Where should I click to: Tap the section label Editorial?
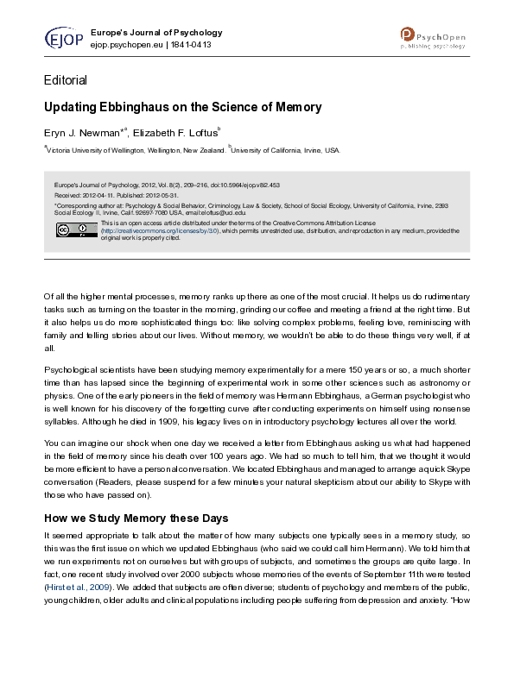(66, 80)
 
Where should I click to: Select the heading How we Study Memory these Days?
(136, 518)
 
